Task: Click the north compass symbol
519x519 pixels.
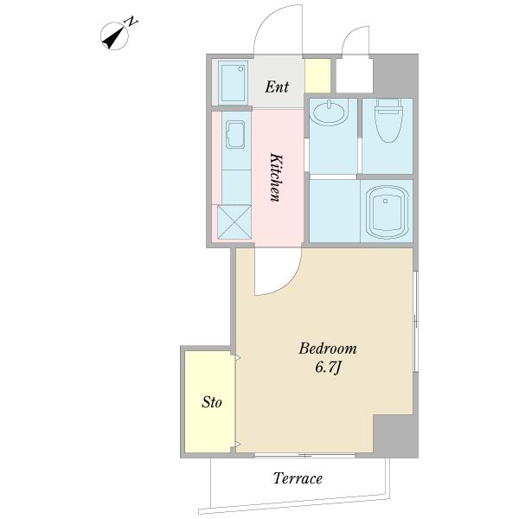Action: click(x=114, y=35)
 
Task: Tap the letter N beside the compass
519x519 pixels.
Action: click(x=131, y=22)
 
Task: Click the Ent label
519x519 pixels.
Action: click(x=277, y=86)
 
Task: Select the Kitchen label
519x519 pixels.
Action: click(x=276, y=177)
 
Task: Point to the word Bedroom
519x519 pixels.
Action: click(x=328, y=349)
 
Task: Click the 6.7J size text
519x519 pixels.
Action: click(x=328, y=368)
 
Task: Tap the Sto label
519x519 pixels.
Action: click(x=212, y=402)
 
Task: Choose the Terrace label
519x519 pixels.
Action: click(x=298, y=478)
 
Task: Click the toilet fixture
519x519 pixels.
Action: click(x=388, y=121)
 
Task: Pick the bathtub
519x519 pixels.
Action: click(x=386, y=212)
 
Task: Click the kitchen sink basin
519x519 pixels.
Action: click(x=235, y=134)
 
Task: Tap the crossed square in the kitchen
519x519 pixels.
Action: click(x=234, y=221)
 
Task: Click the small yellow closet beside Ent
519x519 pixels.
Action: click(x=317, y=76)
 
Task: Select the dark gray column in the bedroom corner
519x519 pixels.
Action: click(x=395, y=436)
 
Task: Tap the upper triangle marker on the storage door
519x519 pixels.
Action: click(x=237, y=357)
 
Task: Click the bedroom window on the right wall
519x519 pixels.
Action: click(x=416, y=322)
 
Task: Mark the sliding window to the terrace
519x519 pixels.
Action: click(x=304, y=456)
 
